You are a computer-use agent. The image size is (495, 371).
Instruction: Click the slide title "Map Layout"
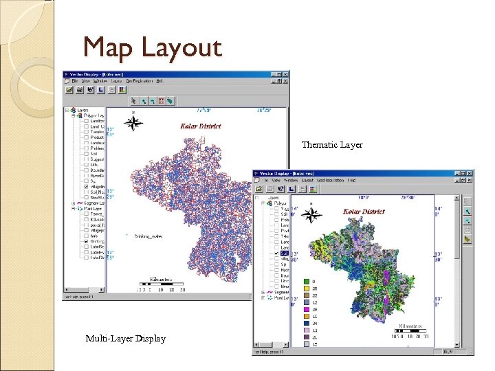[x=152, y=47]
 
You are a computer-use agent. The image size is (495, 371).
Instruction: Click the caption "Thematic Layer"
[x=332, y=145]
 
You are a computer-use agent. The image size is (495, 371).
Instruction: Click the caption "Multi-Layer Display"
[x=125, y=338]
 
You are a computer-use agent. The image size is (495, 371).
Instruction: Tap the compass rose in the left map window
[x=135, y=123]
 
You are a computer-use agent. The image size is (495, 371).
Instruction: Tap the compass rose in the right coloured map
[x=311, y=214]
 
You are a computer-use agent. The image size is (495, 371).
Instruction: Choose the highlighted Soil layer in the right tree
[x=285, y=254]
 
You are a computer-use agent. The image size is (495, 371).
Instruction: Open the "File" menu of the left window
[x=76, y=81]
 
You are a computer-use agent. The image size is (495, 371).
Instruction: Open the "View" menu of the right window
[x=280, y=181]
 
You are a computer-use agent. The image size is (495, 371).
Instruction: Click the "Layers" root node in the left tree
[x=82, y=110]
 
